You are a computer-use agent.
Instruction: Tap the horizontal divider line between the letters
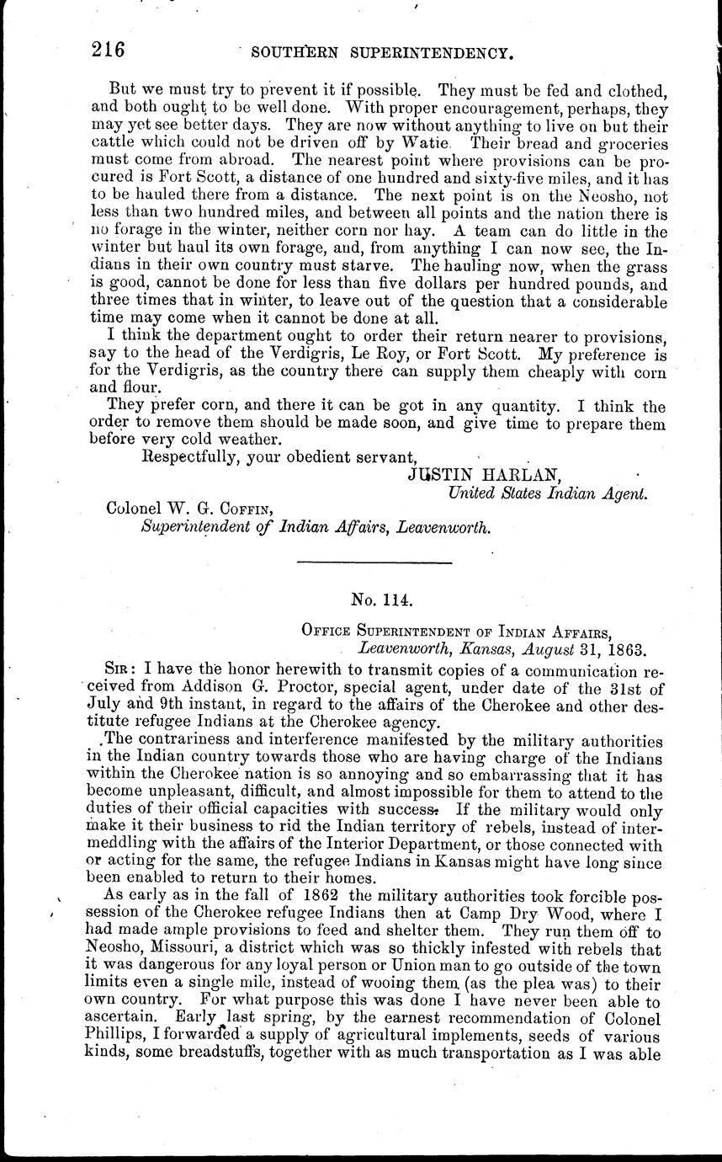[374, 562]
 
